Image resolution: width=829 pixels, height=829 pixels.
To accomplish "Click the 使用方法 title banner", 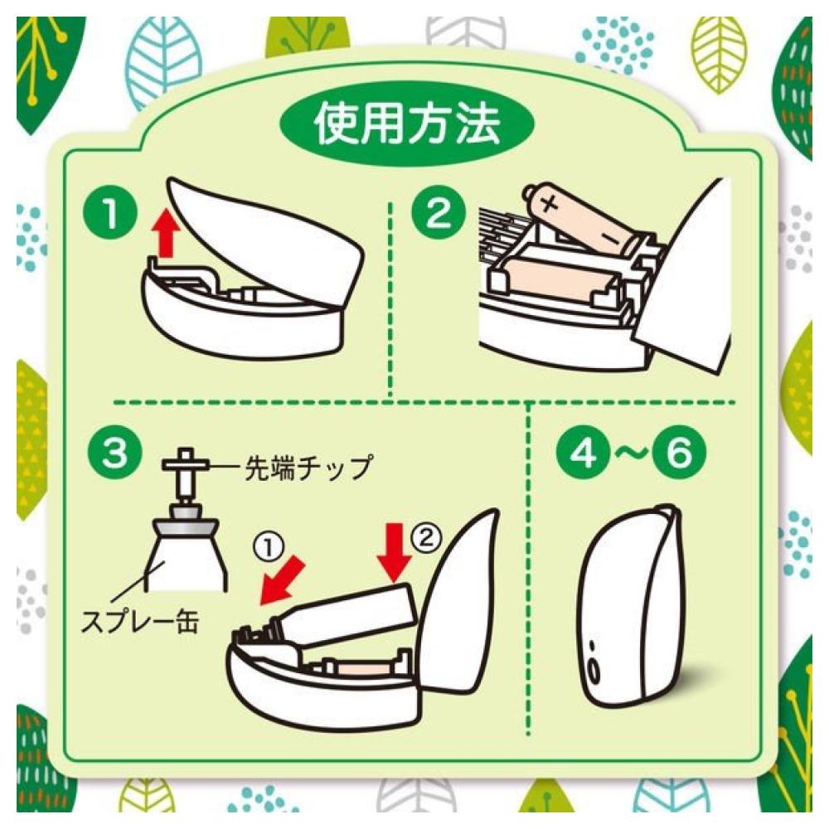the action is (x=406, y=125).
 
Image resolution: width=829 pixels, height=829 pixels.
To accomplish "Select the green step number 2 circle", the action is (x=439, y=214).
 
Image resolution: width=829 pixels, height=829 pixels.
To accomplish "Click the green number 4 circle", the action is (x=584, y=453).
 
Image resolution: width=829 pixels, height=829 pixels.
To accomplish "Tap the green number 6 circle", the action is (x=679, y=453).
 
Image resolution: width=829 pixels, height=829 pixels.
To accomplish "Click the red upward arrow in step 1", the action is (x=166, y=233).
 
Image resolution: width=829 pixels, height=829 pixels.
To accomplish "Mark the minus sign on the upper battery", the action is (x=610, y=235).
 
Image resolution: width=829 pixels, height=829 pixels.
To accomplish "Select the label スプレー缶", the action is (x=140, y=621).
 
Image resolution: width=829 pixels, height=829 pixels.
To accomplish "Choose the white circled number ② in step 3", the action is (x=425, y=537).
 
